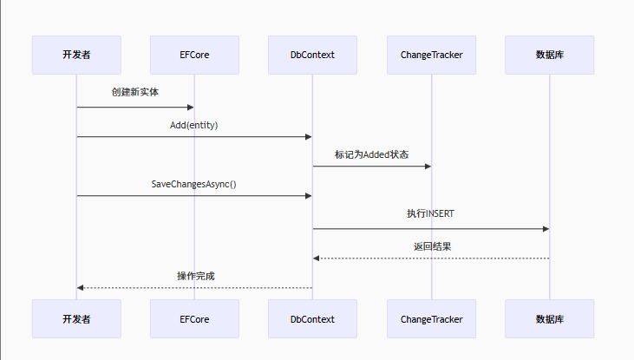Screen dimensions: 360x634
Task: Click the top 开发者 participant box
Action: [x=76, y=55]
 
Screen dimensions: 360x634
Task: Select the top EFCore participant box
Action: [x=194, y=55]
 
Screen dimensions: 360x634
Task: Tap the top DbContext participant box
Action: [x=312, y=55]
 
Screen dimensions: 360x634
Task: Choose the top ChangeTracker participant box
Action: [x=431, y=55]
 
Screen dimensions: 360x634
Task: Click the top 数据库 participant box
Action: [x=549, y=55]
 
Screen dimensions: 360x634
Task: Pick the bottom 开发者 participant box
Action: [x=76, y=319]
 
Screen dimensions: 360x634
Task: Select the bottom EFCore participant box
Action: [x=194, y=319]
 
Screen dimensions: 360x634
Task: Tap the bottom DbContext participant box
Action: [x=312, y=319]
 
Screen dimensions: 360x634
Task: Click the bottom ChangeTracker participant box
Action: [x=431, y=319]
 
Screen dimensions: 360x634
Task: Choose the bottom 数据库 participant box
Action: [x=549, y=319]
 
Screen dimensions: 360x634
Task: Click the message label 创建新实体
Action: [x=135, y=92]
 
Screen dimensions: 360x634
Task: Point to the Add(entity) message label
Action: [x=194, y=125]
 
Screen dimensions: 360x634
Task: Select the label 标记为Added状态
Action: [x=371, y=154]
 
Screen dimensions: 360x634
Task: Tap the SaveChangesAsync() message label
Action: [x=194, y=184]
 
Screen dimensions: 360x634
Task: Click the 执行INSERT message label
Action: [x=431, y=213]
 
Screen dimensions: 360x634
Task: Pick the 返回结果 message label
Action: [x=431, y=246]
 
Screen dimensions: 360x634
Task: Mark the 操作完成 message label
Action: [x=195, y=276]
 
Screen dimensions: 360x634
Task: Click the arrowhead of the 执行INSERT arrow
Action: [x=546, y=229]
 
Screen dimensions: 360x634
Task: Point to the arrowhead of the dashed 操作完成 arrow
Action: [x=81, y=287]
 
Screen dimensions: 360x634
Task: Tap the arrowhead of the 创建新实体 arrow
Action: [x=190, y=108]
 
